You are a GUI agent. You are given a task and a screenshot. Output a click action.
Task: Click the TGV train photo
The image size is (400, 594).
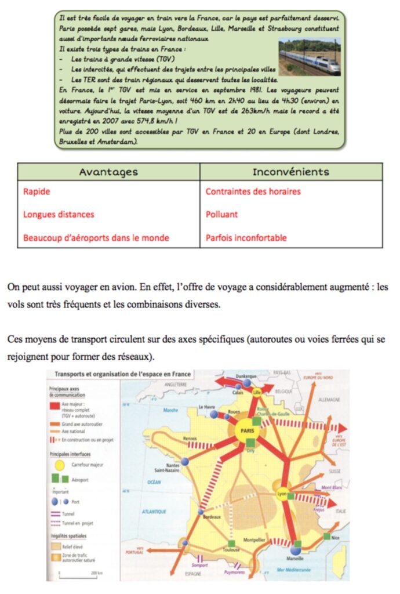(x=308, y=56)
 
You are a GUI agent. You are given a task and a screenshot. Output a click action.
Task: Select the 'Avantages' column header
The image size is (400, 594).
(x=108, y=172)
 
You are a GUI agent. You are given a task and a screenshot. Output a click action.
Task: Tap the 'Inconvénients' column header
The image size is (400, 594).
(x=291, y=172)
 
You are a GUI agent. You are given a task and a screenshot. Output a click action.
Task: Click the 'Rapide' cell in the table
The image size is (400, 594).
(x=37, y=191)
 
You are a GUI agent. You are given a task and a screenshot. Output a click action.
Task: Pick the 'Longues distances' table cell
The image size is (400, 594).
(x=59, y=214)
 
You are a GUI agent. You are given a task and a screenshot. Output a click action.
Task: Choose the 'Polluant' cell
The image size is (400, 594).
(x=221, y=214)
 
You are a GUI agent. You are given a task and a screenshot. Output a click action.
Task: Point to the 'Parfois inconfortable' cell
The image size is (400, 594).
(x=246, y=237)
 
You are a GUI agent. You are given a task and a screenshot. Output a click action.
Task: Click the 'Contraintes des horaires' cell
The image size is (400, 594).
(x=253, y=191)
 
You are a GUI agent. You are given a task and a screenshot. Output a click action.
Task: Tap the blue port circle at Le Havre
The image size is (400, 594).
(x=214, y=415)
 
